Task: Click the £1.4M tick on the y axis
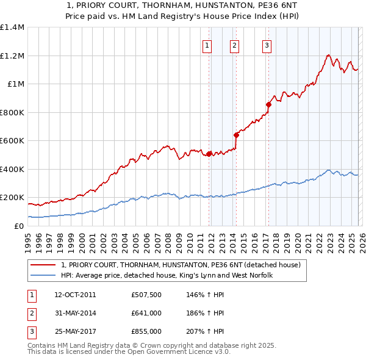point(12,27)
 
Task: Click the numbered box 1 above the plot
point(207,45)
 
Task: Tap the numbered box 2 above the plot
point(234,45)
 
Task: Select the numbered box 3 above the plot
point(267,45)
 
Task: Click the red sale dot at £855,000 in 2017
point(268,105)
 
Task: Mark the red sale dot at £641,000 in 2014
point(236,135)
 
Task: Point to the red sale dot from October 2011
point(209,154)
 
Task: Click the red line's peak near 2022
point(328,56)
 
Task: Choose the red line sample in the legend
point(44,265)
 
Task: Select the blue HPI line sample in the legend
point(44,276)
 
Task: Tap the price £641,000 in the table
point(146,313)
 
